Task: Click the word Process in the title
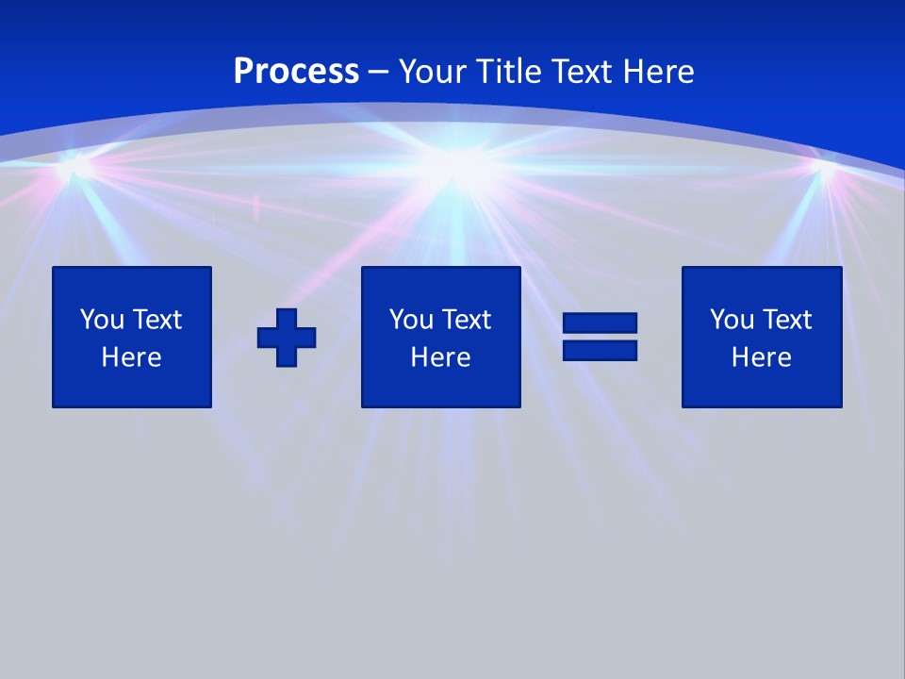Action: pos(296,71)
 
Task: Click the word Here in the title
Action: pos(659,71)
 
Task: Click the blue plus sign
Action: pos(287,337)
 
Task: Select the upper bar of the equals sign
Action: pos(600,323)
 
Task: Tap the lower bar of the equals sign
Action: pos(600,350)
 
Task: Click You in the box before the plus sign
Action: pos(102,320)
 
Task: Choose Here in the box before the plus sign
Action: pos(131,357)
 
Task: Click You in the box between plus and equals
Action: pos(411,320)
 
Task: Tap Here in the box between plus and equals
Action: pos(440,357)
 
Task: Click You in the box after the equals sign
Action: pos(732,320)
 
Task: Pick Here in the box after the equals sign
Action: pos(761,357)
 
